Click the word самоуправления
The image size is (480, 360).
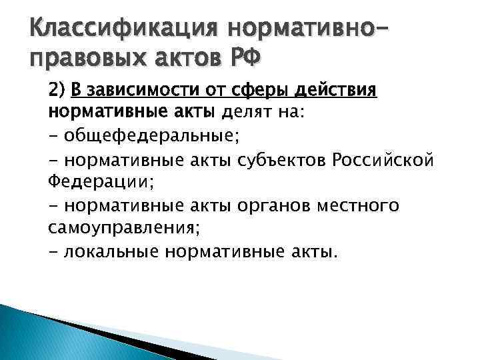click(123, 227)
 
